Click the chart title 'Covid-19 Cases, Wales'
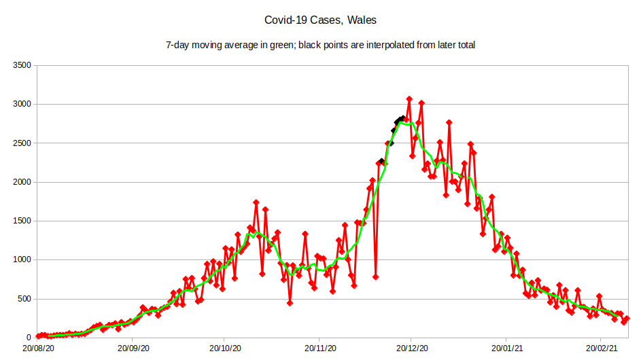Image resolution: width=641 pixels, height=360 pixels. click(x=320, y=20)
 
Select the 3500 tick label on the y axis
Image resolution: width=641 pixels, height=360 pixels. click(x=22, y=65)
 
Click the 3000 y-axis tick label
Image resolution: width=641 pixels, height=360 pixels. click(x=22, y=104)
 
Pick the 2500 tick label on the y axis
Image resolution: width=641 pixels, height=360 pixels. click(x=22, y=143)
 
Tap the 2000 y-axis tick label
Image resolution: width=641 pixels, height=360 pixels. click(x=22, y=182)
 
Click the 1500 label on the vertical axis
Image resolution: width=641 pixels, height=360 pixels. click(x=22, y=221)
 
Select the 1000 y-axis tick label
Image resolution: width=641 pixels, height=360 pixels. click(x=22, y=259)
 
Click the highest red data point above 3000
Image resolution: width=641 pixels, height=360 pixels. click(x=409, y=99)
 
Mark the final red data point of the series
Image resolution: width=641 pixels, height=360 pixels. click(x=627, y=319)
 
